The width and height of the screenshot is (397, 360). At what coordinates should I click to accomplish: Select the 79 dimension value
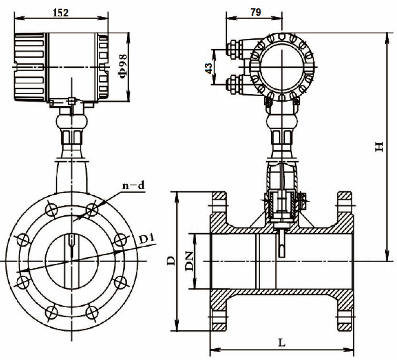pyautogui.click(x=255, y=13)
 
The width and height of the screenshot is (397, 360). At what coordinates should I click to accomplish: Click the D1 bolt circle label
pyautogui.click(x=147, y=240)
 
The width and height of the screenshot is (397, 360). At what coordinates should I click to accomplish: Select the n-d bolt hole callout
pyautogui.click(x=134, y=186)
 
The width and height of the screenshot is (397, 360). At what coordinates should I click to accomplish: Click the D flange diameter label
pyautogui.click(x=172, y=261)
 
